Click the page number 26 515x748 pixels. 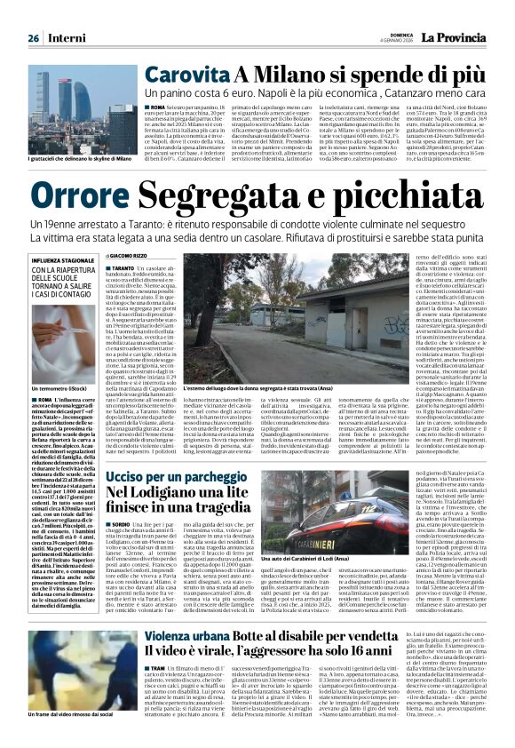(x=33, y=39)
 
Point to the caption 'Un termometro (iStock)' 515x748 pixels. (x=59, y=388)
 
